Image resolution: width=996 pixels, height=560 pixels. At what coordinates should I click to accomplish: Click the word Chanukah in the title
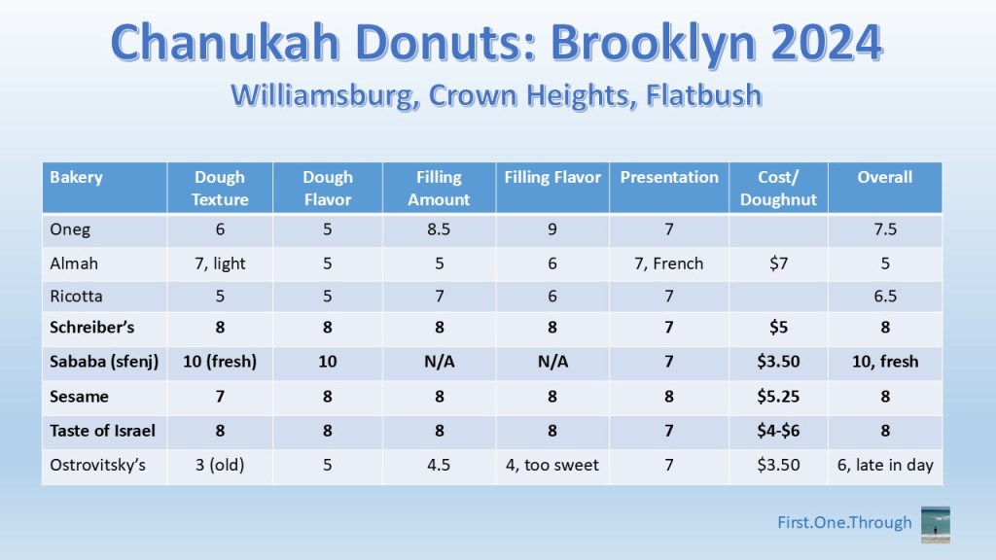click(227, 43)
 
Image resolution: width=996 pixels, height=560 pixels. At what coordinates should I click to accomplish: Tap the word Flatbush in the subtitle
click(704, 95)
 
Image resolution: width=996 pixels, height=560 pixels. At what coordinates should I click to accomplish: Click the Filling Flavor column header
click(552, 177)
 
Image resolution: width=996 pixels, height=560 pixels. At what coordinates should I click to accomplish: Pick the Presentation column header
click(669, 177)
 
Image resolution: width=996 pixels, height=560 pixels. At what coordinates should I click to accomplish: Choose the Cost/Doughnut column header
click(778, 188)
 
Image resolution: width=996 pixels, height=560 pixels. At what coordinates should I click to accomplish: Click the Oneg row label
click(70, 229)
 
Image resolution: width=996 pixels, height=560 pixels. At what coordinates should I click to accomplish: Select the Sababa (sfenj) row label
click(104, 362)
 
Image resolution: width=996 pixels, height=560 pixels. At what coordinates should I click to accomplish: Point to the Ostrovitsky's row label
click(98, 465)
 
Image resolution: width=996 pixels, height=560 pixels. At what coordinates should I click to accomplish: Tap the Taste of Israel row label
click(102, 431)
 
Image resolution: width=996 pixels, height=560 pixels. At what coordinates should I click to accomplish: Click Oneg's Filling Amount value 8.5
click(439, 229)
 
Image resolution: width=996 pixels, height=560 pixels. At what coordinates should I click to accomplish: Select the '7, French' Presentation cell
click(669, 263)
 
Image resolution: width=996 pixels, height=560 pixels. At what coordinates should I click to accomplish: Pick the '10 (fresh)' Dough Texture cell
click(220, 362)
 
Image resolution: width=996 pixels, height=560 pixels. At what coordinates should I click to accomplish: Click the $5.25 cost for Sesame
click(778, 397)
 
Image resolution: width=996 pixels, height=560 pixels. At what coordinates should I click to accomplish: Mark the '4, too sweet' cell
click(552, 465)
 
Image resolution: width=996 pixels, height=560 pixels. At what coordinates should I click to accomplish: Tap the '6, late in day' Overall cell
click(885, 465)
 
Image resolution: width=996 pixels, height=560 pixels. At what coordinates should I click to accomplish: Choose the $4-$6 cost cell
click(778, 431)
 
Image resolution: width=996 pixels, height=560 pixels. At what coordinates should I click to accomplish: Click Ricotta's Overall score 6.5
click(885, 296)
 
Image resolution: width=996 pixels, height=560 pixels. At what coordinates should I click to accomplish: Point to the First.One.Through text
click(844, 522)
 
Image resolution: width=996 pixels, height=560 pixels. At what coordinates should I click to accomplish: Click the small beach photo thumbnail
click(936, 524)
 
